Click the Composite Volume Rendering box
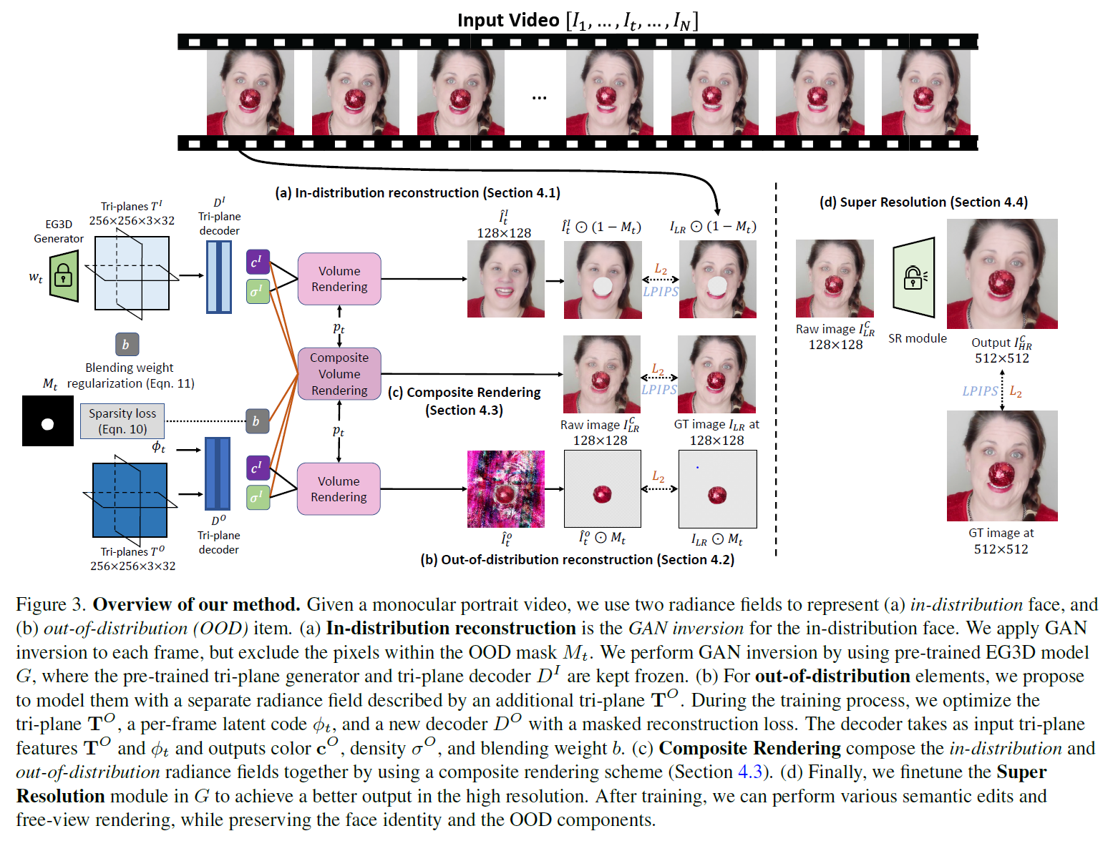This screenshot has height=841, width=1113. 339,374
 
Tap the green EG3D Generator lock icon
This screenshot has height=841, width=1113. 64,275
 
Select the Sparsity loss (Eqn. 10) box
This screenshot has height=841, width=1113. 122,421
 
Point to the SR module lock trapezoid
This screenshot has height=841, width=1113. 914,277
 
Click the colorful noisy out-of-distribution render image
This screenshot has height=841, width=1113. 506,489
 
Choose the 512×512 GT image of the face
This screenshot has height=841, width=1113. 1002,466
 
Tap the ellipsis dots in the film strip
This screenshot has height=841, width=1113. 539,97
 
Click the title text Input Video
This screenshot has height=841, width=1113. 508,20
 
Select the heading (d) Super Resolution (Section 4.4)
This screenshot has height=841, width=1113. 923,202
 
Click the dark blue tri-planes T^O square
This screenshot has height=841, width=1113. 130,499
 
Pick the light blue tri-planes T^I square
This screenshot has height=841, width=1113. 132,273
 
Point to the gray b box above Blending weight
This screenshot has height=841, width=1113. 127,345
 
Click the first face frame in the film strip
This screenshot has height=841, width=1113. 251,92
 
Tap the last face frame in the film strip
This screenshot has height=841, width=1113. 925,92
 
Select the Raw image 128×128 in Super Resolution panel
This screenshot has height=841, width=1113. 835,279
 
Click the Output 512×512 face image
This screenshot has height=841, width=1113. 1002,274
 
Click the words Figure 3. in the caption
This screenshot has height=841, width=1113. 51,605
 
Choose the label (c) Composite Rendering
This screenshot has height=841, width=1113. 465,393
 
